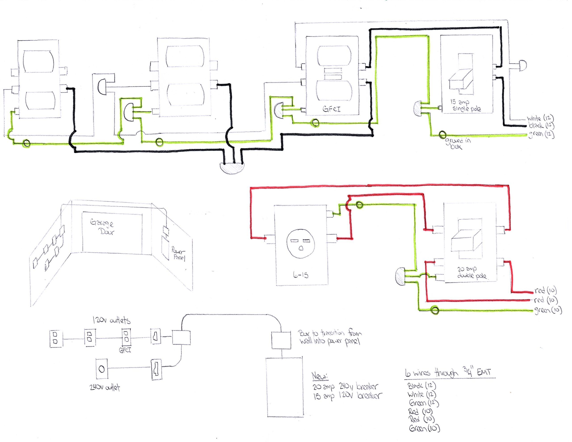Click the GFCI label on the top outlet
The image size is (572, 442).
[x=332, y=109]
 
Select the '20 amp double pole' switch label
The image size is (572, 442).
[x=471, y=272]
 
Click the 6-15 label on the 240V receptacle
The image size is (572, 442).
[x=301, y=275]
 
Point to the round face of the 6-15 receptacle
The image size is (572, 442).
[x=301, y=244]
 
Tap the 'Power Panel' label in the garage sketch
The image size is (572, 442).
[x=178, y=253]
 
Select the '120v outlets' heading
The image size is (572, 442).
[x=111, y=320]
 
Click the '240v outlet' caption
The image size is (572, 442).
[x=105, y=387]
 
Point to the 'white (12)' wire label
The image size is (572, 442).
[x=540, y=118]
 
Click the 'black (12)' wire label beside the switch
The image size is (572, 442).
[x=541, y=126]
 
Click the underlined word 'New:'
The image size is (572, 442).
[x=320, y=376]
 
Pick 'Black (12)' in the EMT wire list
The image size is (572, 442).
[x=422, y=386]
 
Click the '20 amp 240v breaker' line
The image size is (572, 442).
[x=345, y=386]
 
